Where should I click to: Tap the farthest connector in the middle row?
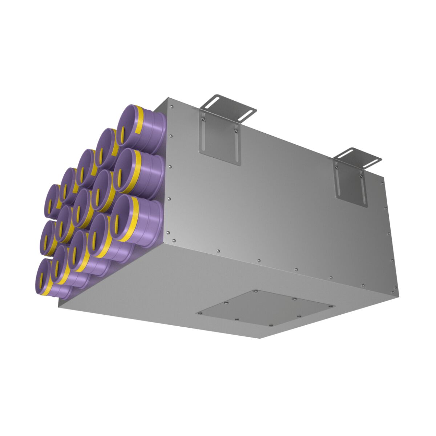pos(47,236)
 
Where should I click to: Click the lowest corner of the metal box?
pos(260,338)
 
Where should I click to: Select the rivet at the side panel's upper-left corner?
pos(171,106)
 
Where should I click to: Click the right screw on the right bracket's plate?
pos(361,175)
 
